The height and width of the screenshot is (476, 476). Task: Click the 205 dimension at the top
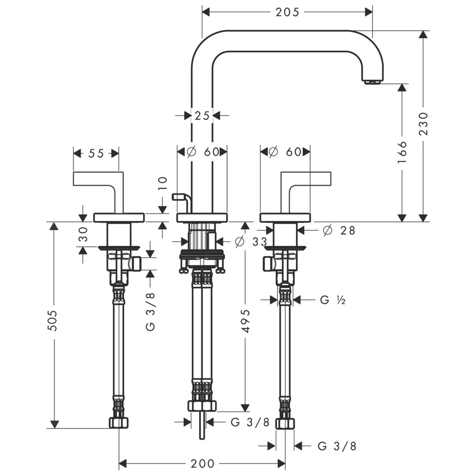tap(287, 12)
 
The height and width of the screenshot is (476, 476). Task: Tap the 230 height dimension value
tap(424, 123)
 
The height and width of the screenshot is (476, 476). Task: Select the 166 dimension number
tap(402, 152)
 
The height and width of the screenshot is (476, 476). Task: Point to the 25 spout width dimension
tap(202, 116)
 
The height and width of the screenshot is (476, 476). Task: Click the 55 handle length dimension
tap(96, 153)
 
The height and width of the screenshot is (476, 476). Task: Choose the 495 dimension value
tap(245, 321)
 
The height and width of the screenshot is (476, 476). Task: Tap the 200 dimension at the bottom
tap(202, 464)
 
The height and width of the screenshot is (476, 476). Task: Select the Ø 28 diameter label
tap(338, 230)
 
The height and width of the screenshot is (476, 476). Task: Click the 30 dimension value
tap(83, 234)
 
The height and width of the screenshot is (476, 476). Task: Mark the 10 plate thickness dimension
tap(163, 182)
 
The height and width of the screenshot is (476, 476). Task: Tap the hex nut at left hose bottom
tap(119, 423)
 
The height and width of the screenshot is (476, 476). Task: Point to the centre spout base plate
tap(202, 217)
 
